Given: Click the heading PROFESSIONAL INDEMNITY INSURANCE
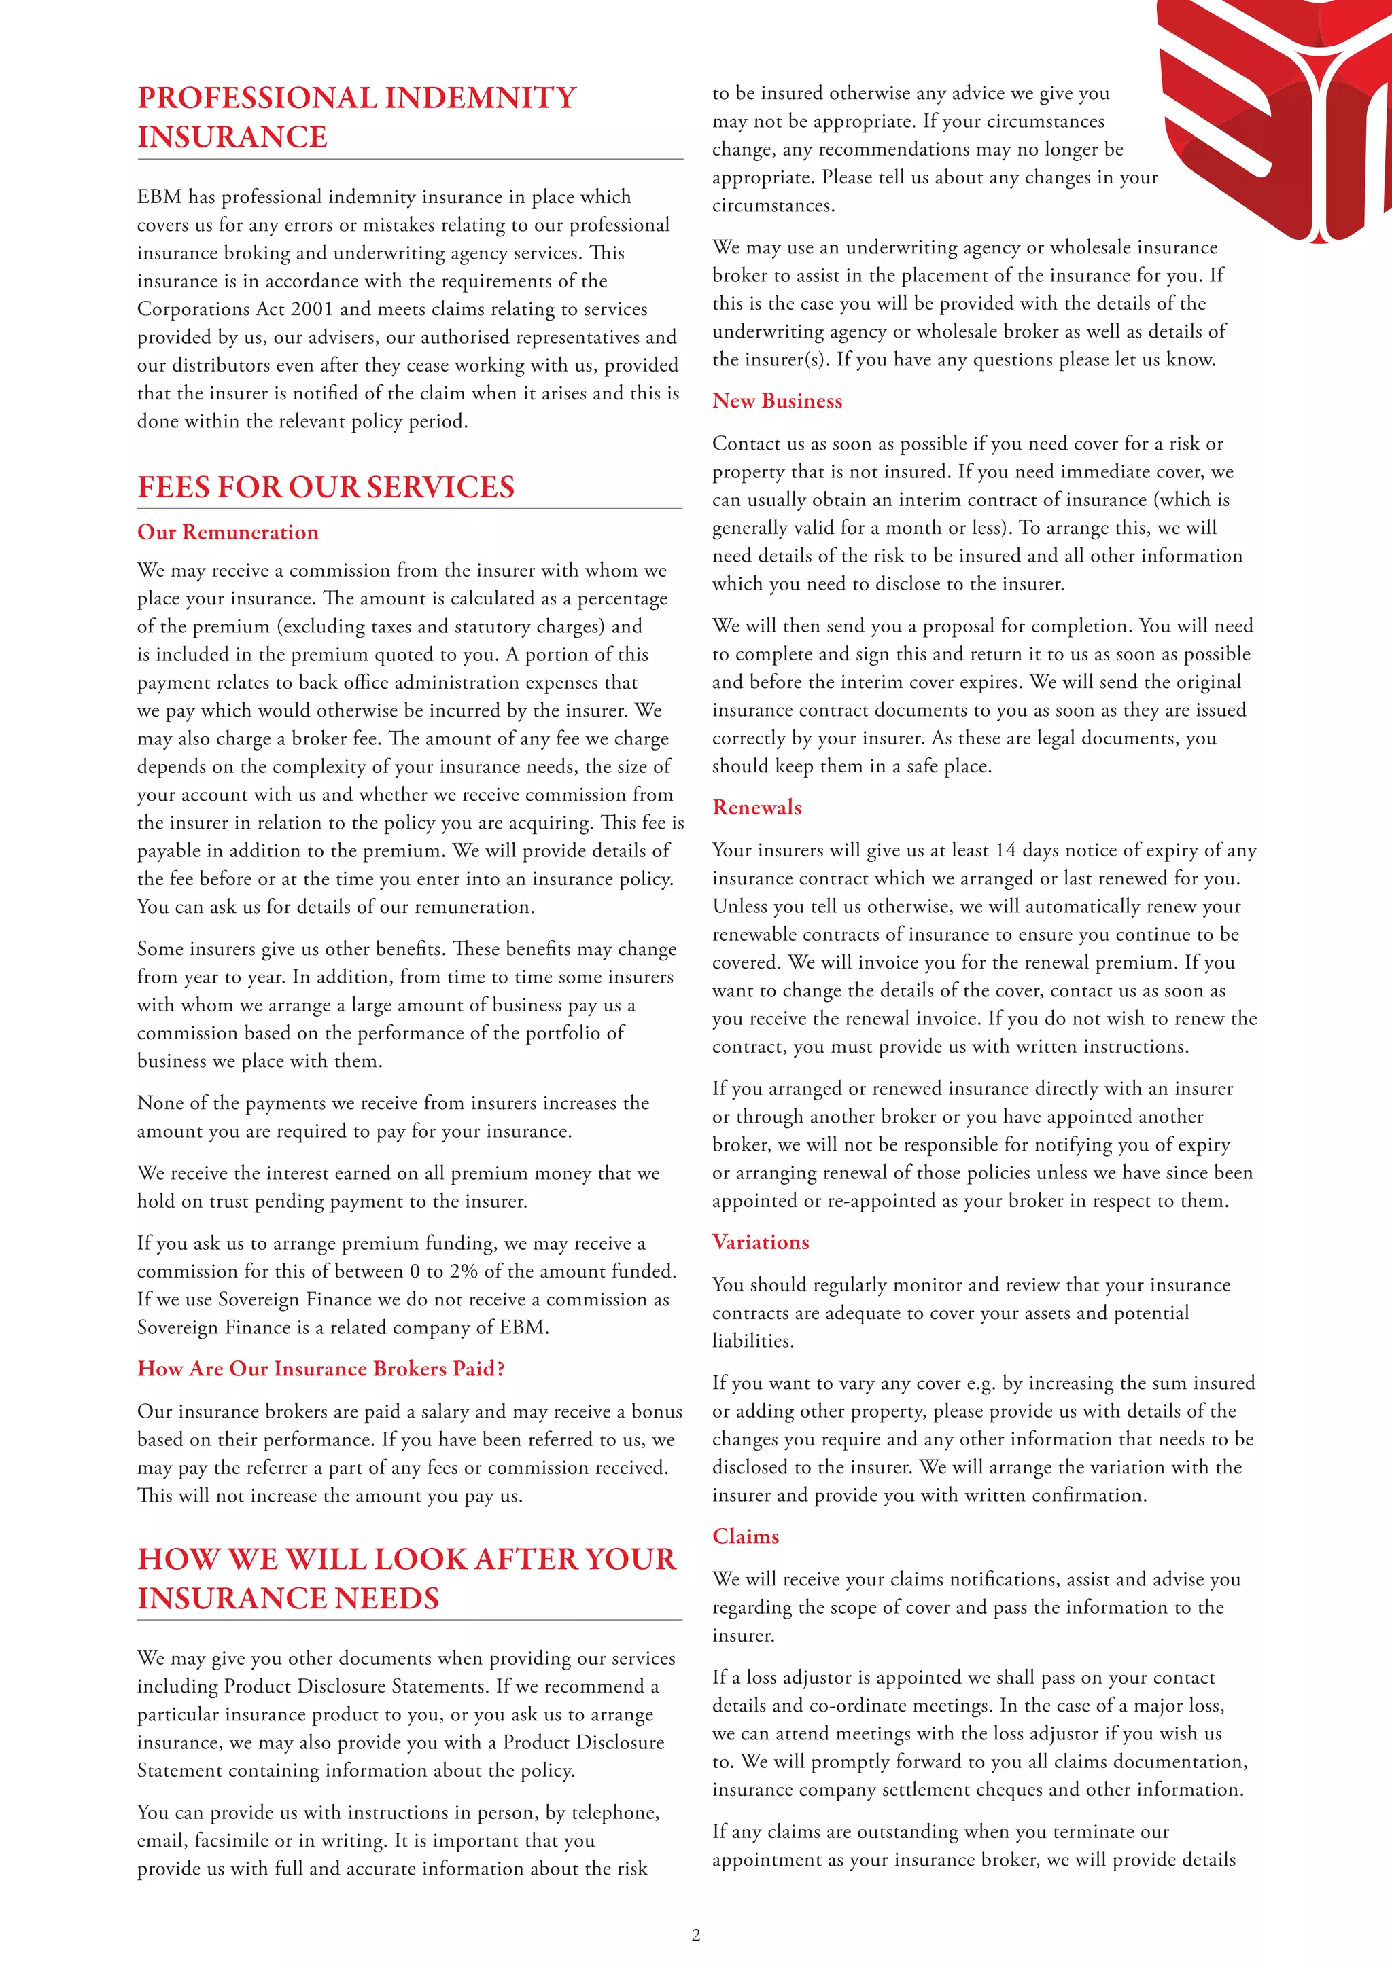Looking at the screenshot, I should pos(357,117).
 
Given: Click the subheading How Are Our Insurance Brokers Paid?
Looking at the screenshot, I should pos(321,1368).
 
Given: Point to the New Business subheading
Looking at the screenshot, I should pos(777,401).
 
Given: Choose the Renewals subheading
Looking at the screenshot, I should pos(757,807).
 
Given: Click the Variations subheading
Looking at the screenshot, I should pos(761,1242).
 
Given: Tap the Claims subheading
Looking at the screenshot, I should pos(746,1536).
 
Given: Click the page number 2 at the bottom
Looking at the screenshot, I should pos(696,1934).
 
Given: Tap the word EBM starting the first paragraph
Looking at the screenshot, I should pos(160,197).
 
